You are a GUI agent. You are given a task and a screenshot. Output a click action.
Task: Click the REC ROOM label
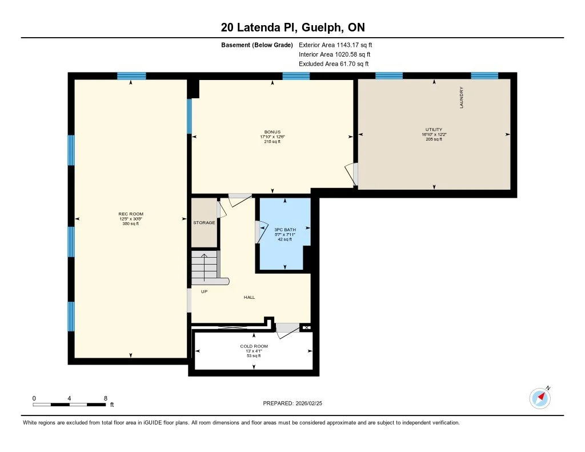click(131, 214)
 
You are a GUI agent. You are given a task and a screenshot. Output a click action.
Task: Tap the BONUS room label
click(272, 132)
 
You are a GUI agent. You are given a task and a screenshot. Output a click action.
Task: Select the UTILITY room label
click(434, 130)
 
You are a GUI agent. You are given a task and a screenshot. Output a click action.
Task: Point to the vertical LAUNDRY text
click(461, 98)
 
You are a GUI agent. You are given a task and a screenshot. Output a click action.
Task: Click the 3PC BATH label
click(285, 230)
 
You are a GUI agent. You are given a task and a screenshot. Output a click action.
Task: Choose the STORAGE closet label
click(204, 222)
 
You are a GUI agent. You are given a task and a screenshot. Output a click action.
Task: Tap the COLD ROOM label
click(254, 346)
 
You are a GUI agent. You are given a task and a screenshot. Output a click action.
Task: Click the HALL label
click(249, 297)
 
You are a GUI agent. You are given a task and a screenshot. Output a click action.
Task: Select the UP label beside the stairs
click(204, 291)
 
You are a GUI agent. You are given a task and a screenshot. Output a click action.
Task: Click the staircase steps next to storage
click(204, 266)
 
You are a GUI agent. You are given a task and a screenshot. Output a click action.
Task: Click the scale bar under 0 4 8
click(69, 405)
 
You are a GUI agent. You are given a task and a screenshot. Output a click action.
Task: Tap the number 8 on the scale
click(105, 398)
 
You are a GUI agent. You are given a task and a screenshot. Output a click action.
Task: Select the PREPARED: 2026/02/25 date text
click(296, 403)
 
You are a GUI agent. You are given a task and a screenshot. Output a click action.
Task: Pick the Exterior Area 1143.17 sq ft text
click(335, 45)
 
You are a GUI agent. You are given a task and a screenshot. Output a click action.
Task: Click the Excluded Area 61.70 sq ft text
click(334, 64)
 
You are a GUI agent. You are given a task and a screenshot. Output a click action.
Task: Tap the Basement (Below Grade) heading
click(257, 45)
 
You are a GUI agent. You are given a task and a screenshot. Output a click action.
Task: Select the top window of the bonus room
click(296, 76)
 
